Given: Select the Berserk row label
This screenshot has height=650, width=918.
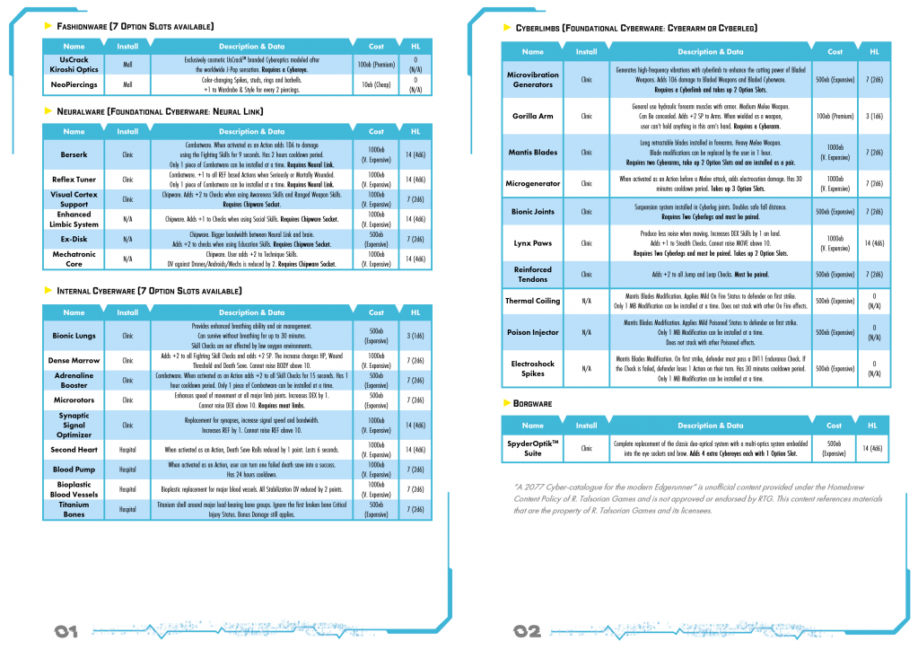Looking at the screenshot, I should pos(74,154).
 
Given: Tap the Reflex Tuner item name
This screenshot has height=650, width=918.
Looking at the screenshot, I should pos(74,180).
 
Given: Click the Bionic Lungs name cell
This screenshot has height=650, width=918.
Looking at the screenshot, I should pos(74,336).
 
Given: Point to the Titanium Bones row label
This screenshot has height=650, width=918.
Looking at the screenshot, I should pos(74,509).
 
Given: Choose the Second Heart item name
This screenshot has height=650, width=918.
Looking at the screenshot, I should pos(74,450).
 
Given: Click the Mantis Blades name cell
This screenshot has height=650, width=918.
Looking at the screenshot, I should pos(533,153).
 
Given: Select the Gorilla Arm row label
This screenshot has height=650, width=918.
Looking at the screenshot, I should pos(533,117).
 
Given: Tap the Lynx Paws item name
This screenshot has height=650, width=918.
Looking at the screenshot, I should pos(533,243).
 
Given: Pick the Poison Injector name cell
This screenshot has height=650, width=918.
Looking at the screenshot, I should pos(533,332).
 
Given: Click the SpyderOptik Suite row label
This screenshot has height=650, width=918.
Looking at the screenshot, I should pos(533,449).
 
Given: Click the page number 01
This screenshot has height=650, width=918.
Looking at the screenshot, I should pos(66,632).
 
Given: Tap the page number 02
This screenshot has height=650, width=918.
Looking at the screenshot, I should pos(527,632).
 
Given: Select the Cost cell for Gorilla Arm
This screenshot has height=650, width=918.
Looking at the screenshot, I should pos(835,117).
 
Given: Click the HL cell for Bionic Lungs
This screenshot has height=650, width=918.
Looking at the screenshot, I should pos(415,336).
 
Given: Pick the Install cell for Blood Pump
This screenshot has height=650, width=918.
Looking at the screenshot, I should pos(127,470).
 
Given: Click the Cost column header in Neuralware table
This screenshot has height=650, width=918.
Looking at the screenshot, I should pos(376,132).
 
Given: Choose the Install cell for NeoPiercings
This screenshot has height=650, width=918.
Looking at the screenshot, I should pos(127,85).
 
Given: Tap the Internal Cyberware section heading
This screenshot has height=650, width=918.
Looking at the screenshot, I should pos(148,291).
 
